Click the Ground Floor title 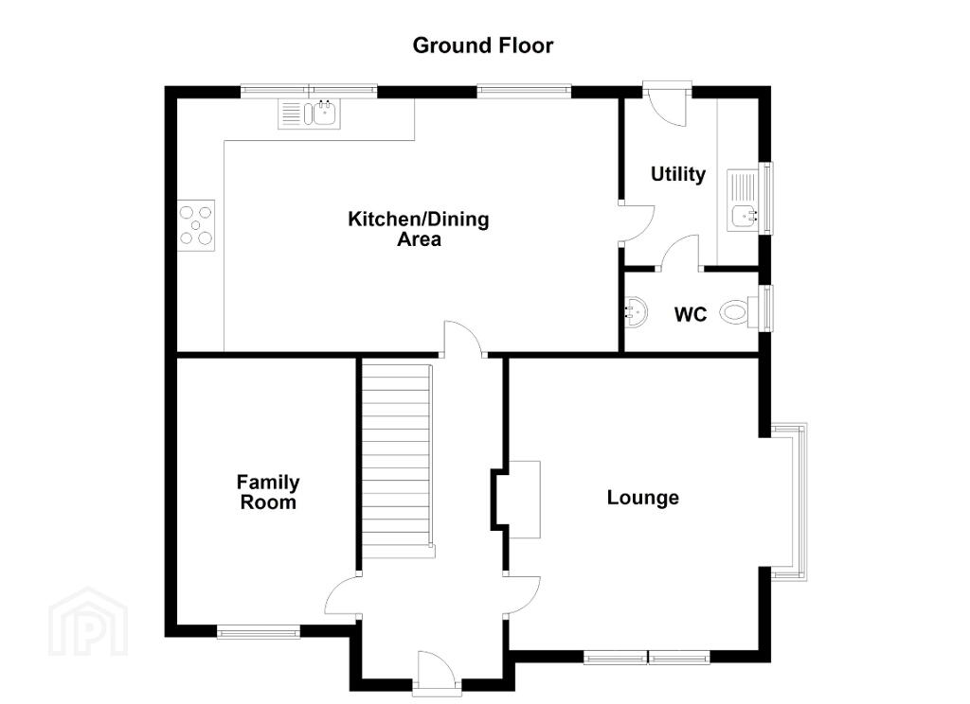click(482, 45)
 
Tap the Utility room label click(678, 174)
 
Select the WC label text click(691, 314)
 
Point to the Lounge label click(643, 498)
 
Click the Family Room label click(268, 492)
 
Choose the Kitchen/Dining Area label click(419, 229)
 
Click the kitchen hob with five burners click(196, 225)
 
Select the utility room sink click(743, 200)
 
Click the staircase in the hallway click(397, 459)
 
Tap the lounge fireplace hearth click(524, 500)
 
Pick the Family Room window click(258, 632)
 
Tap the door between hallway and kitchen click(463, 339)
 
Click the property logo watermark click(88, 621)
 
